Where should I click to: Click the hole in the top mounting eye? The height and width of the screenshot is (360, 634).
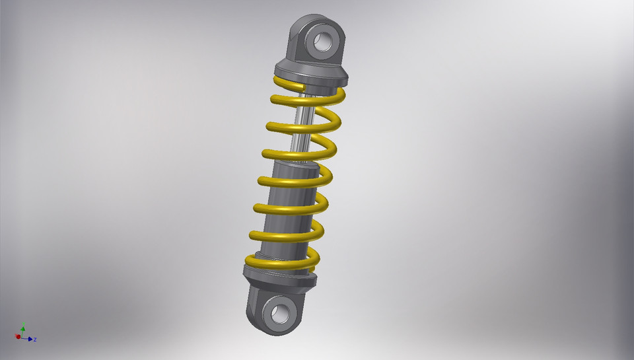point(323,41)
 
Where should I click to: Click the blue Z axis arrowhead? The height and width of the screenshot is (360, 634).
point(30,339)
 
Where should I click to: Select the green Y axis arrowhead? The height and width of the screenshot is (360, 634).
point(22,328)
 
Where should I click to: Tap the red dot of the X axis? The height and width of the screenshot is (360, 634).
point(18,337)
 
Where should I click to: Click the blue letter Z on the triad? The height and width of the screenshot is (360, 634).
point(35,340)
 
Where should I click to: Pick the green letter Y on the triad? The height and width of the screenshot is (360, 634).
point(23,324)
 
